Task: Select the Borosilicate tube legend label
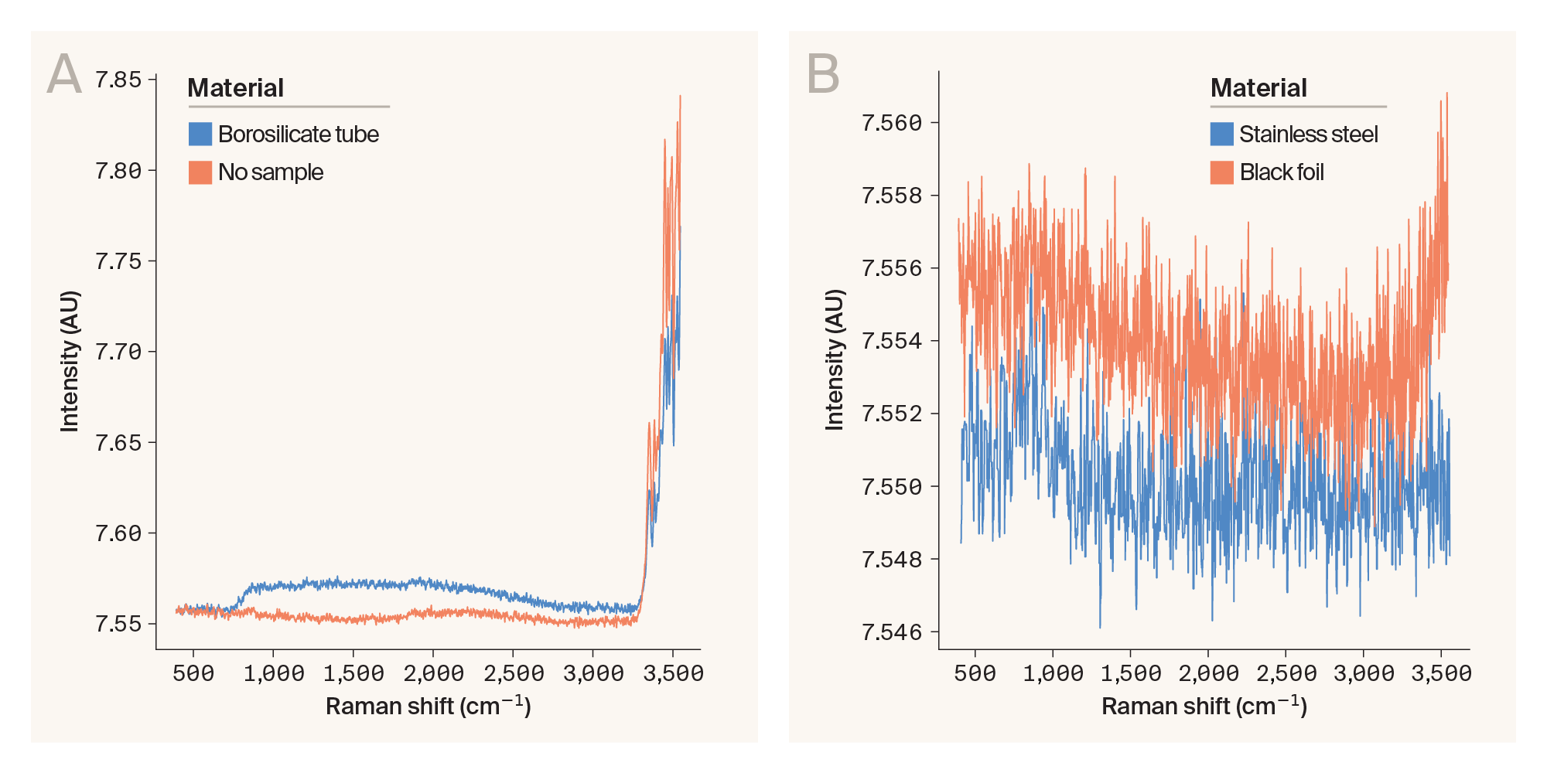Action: (298, 135)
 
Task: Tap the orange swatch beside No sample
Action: (200, 172)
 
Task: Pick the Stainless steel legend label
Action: (1308, 135)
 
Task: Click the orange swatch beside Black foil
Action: (1221, 172)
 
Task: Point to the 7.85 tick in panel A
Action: (118, 80)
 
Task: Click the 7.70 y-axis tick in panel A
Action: (118, 352)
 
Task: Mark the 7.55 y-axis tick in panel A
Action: (118, 624)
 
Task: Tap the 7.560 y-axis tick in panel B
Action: (892, 123)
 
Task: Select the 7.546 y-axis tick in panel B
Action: (892, 632)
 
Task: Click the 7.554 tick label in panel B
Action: (892, 341)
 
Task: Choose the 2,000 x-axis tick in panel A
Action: (433, 674)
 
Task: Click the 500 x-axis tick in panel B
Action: (975, 674)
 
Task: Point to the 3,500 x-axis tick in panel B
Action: (1441, 674)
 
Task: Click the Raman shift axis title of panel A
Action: (428, 707)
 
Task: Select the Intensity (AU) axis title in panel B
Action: (835, 360)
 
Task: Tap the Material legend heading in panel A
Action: (236, 88)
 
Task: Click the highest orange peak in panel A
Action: (680, 97)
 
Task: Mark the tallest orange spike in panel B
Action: (1446, 94)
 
